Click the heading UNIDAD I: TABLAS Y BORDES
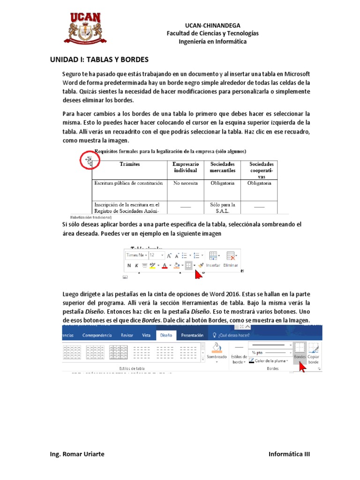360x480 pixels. (x=99, y=60)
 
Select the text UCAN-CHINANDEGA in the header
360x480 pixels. (x=213, y=25)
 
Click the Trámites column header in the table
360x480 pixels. (x=129, y=165)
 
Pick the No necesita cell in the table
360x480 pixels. (x=186, y=183)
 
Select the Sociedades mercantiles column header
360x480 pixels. (x=222, y=167)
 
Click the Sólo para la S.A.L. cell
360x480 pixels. (x=222, y=208)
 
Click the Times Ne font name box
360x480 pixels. (x=136, y=255)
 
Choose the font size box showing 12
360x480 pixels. (x=156, y=255)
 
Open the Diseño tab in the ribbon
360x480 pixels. (x=166, y=335)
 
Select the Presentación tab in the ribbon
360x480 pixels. (x=192, y=335)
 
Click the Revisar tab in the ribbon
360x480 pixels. (x=127, y=335)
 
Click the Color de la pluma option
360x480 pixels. (x=269, y=360)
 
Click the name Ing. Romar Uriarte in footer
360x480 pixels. (x=77, y=454)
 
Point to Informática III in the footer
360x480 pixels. (x=289, y=454)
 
